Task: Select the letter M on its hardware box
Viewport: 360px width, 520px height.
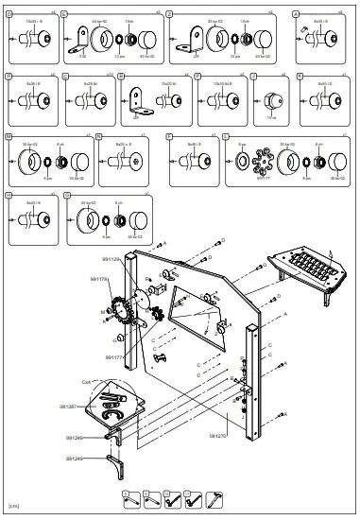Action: point(9,136)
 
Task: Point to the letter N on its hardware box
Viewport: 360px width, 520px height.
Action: point(100,136)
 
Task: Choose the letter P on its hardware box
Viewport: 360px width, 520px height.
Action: point(169,136)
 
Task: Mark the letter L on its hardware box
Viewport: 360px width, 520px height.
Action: point(227,136)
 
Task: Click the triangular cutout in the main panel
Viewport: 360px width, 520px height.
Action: point(199,303)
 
